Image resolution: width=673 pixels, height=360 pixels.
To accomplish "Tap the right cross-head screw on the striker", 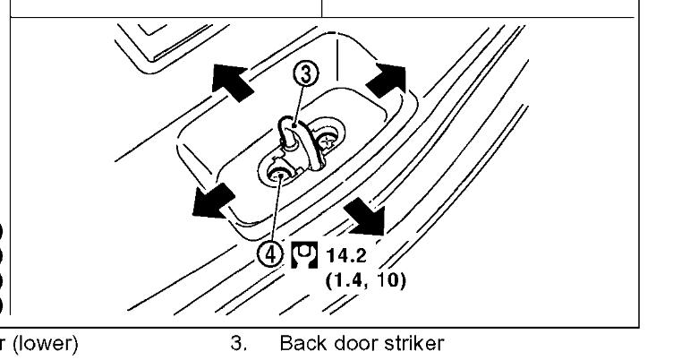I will (x=329, y=141).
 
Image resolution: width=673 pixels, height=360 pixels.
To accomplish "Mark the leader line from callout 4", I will (x=274, y=208).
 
